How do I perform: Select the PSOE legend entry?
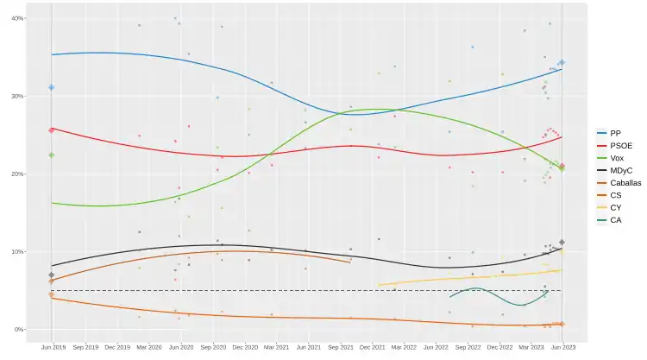click(x=617, y=146)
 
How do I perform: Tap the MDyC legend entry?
click(x=619, y=170)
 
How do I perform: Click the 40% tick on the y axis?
click(x=17, y=18)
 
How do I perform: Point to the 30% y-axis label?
click(x=17, y=96)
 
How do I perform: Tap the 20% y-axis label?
click(x=17, y=174)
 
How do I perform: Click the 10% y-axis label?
click(x=17, y=251)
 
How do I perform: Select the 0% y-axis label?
click(x=19, y=329)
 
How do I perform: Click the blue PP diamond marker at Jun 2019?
click(x=52, y=87)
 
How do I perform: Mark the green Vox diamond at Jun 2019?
click(x=52, y=155)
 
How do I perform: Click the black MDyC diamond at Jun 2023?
click(x=562, y=243)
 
